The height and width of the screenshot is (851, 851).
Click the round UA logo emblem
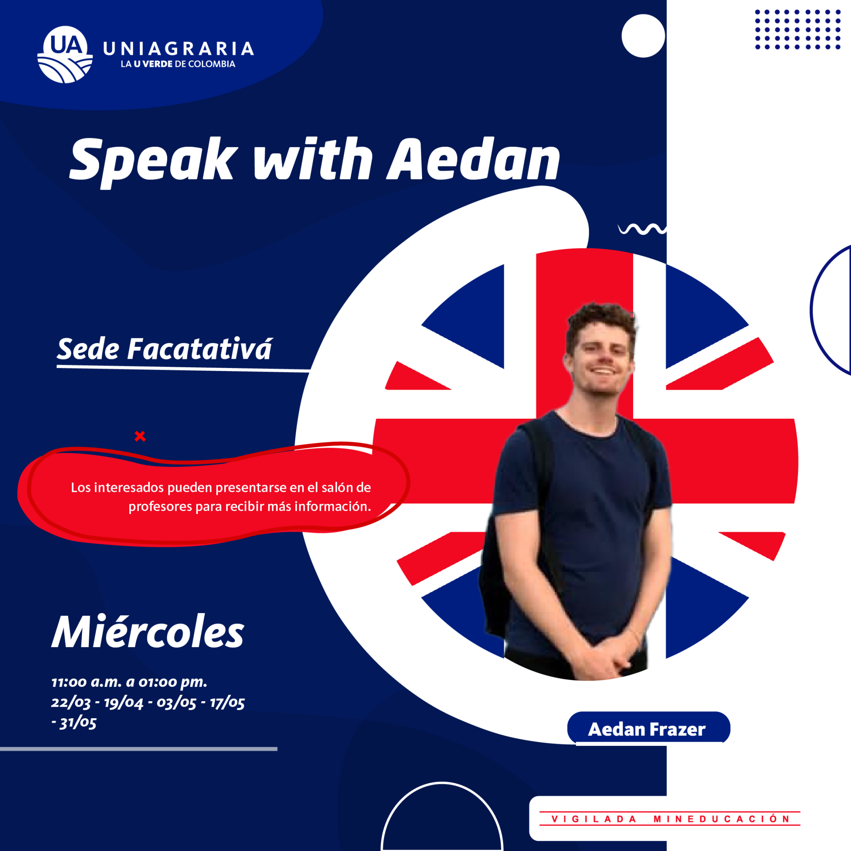click(65, 54)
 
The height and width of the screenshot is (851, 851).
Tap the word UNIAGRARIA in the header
click(178, 49)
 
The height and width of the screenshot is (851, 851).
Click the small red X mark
click(140, 436)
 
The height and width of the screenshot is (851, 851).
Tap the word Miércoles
click(148, 632)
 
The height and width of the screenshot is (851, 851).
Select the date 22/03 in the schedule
click(71, 702)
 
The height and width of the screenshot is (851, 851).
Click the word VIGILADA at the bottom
click(594, 819)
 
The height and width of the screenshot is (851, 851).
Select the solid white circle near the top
click(643, 36)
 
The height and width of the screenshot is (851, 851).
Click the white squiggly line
click(642, 228)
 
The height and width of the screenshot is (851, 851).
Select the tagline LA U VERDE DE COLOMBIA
click(178, 64)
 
